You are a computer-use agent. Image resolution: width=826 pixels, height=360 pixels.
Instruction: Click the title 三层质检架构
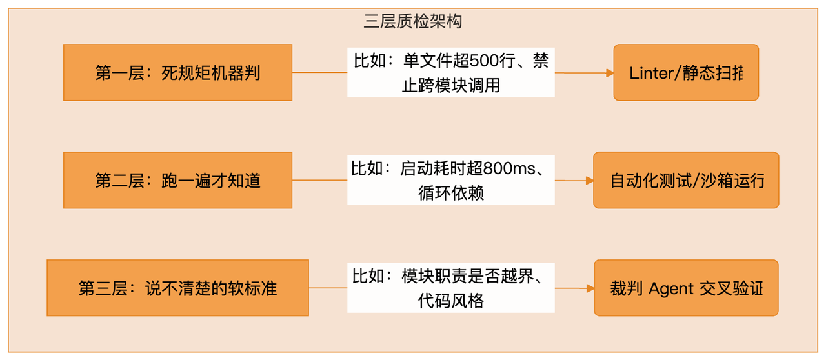pos(413,22)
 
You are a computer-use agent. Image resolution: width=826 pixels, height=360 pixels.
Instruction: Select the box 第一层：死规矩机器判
pos(177,72)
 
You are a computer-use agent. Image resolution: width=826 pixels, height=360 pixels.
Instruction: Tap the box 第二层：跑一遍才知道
pos(177,180)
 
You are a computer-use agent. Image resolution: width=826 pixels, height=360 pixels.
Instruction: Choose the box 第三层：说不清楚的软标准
pos(177,288)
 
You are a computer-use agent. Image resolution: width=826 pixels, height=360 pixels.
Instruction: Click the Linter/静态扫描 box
pos(686,72)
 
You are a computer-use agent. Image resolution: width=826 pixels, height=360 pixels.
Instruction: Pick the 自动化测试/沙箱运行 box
pos(686,180)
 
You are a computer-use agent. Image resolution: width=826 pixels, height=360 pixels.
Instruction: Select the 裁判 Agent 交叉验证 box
pos(686,288)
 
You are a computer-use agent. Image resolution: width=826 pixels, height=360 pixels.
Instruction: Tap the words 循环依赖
pos(451,192)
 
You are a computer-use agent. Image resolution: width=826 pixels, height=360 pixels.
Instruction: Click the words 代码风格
pos(451,300)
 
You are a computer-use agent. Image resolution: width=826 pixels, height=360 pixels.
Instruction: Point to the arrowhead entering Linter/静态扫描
pos(609,74)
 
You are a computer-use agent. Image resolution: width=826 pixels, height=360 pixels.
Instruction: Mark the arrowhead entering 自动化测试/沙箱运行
pos(589,181)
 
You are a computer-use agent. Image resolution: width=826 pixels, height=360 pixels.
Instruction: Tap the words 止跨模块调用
pos(451,85)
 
